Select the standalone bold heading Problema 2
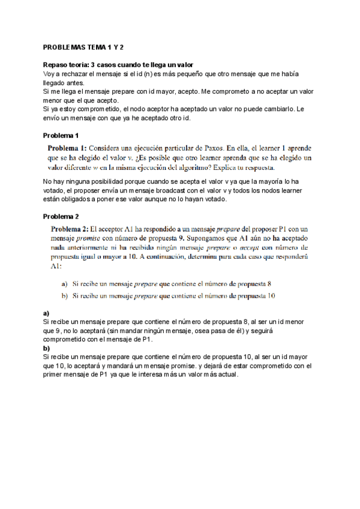[x=61, y=216]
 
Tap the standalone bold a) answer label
[x=46, y=313]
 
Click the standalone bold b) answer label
[x=46, y=348]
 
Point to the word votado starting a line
[x=55, y=191]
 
